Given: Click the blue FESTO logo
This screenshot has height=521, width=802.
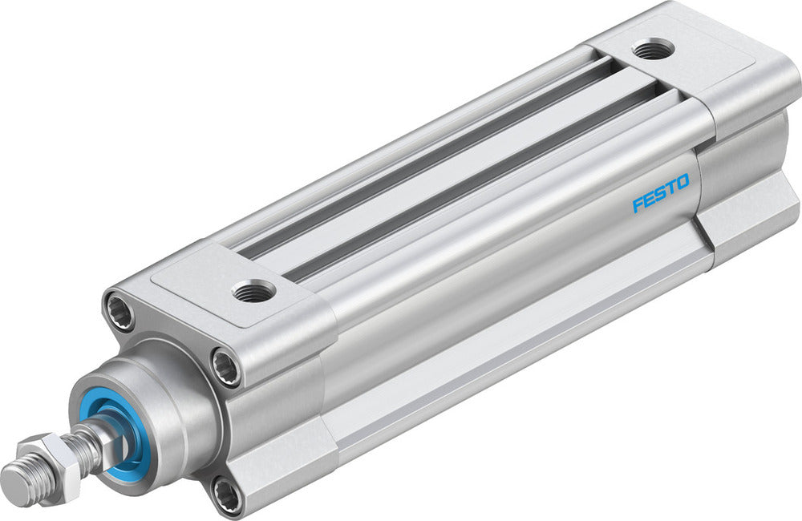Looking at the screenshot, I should (660, 195).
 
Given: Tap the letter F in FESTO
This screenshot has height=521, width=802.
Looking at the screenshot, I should (638, 205).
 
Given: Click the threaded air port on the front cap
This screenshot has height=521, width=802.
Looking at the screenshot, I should (254, 292).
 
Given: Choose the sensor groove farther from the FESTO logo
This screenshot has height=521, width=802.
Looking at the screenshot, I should (417, 152).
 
